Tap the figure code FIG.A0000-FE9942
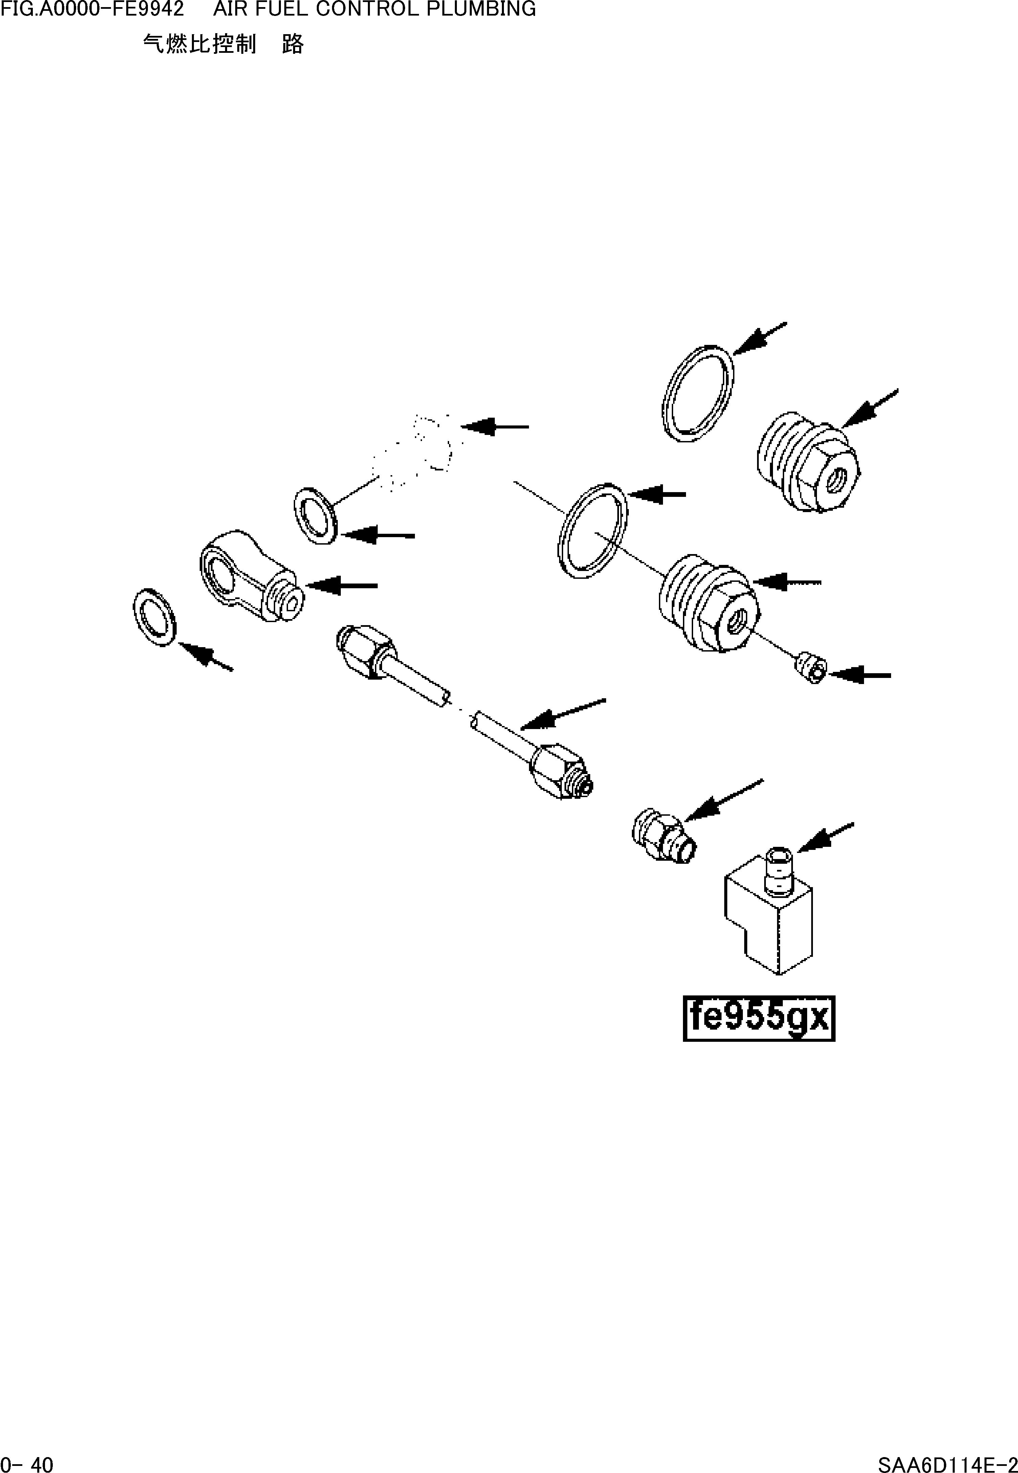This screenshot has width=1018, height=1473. [92, 9]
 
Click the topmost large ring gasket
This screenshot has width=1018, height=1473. [698, 394]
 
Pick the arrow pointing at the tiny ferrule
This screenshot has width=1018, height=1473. [860, 674]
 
